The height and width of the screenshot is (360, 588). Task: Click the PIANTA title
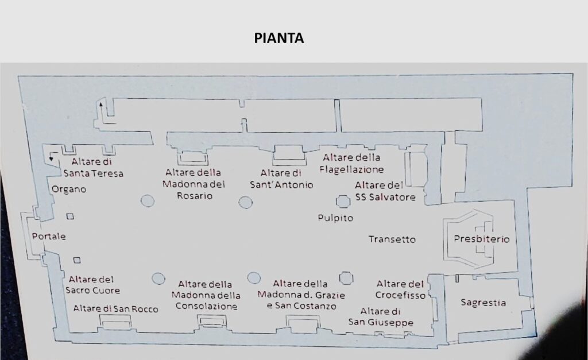(x=278, y=38)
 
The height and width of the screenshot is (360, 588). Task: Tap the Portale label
(x=49, y=236)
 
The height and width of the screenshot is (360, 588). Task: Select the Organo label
(x=69, y=189)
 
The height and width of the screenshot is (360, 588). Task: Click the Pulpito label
(x=335, y=218)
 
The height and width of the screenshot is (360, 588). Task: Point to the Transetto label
(x=392, y=239)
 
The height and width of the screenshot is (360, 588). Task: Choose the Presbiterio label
(x=482, y=239)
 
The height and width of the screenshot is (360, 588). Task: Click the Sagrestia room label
(x=483, y=303)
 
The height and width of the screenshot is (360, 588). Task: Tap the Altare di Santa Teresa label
(x=94, y=167)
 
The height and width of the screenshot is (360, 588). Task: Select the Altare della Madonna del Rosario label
(x=194, y=184)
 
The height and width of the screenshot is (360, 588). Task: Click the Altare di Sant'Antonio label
(x=281, y=179)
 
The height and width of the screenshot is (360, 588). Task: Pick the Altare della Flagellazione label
(x=352, y=164)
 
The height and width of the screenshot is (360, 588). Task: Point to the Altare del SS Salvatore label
(x=385, y=191)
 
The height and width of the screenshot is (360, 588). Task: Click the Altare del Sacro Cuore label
(x=92, y=285)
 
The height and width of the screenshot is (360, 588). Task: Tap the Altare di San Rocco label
(x=115, y=309)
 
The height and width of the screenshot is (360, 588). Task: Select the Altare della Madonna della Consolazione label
(x=206, y=295)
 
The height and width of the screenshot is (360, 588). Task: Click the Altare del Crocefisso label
(x=400, y=289)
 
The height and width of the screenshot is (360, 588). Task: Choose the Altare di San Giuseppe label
(x=381, y=317)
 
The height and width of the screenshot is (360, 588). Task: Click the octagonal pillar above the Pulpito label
(x=343, y=202)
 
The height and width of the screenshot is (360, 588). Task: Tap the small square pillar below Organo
(x=70, y=216)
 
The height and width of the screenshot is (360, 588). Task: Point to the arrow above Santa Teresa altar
(x=101, y=109)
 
